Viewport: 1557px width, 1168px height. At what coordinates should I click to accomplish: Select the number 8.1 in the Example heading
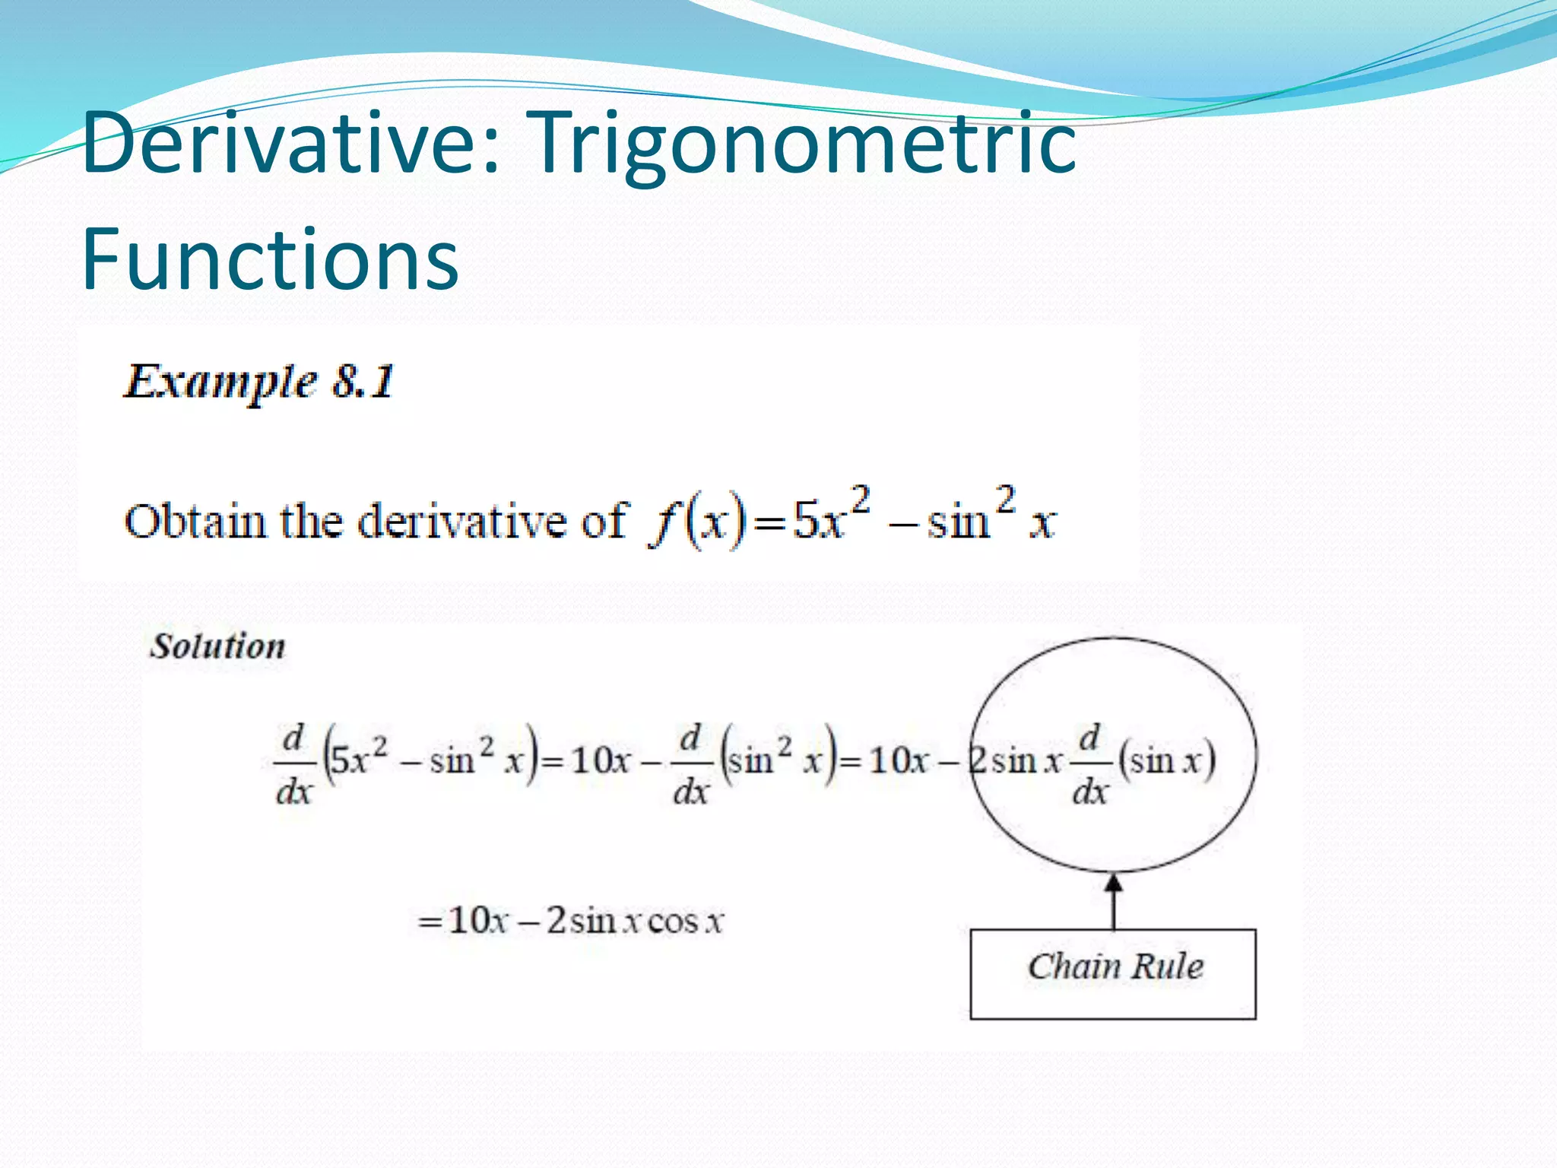coord(363,382)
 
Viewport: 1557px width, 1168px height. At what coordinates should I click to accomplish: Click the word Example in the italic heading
coord(220,382)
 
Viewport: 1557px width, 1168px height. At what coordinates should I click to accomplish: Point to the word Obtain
coord(195,522)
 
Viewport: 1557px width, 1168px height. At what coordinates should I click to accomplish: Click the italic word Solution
coord(217,646)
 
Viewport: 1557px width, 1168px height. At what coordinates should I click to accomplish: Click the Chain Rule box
coord(1112,973)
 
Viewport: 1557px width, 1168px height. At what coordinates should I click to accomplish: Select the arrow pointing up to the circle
coord(1113,902)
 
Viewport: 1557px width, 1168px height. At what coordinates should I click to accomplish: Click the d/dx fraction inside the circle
coord(1089,764)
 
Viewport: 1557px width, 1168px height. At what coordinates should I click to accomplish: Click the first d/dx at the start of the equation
coord(294,764)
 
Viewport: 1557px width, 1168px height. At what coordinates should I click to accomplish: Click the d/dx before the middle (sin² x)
coord(690,764)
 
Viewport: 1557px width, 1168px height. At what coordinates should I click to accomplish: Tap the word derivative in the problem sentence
coord(463,522)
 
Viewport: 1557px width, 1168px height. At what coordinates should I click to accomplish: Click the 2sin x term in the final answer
coord(593,922)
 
